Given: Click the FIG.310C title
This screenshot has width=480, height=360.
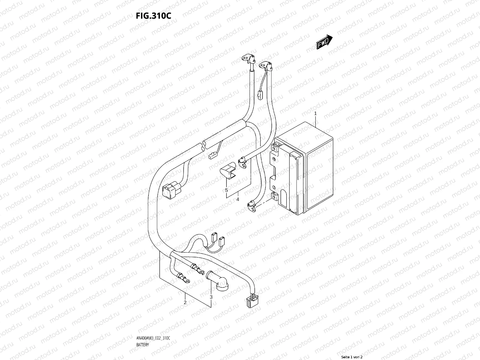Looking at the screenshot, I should (154, 16).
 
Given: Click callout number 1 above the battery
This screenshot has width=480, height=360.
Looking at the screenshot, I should (315, 113).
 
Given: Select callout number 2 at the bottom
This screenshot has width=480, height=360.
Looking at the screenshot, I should (185, 302).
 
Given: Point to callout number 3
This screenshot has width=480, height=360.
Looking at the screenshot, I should (211, 297).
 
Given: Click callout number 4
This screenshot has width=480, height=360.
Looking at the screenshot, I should (237, 199).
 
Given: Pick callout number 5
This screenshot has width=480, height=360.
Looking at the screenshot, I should (226, 190).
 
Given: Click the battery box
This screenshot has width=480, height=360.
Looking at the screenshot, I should (303, 168).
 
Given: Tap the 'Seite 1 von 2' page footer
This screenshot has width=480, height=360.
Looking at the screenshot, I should (352, 357).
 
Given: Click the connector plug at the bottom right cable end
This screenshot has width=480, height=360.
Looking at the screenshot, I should (250, 300).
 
